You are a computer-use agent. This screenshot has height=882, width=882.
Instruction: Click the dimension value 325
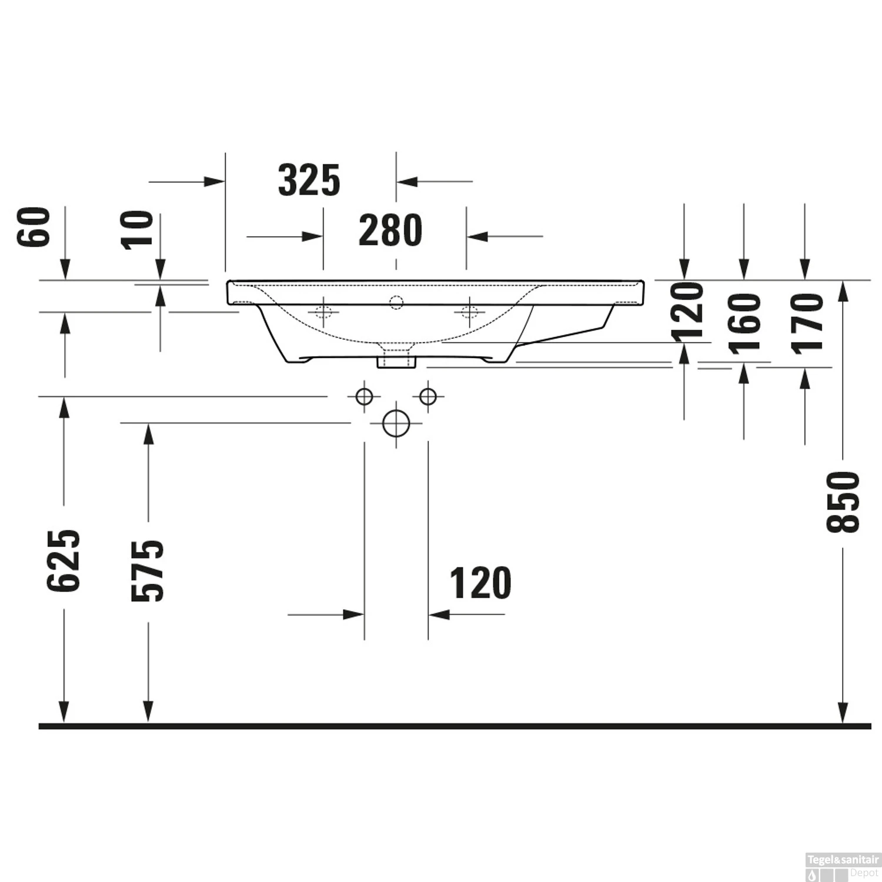[309, 181]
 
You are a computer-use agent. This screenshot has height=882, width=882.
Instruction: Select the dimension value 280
[390, 230]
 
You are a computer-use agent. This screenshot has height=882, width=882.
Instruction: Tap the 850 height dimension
[843, 502]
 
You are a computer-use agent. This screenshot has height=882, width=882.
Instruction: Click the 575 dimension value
[148, 570]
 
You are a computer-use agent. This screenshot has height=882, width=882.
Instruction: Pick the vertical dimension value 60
[34, 227]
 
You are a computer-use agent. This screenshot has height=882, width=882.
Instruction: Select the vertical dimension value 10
[139, 230]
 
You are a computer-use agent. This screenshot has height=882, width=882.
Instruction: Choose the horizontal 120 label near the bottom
[480, 583]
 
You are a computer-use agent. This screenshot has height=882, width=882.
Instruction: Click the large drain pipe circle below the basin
[396, 423]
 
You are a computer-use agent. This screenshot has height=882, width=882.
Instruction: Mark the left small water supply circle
[364, 397]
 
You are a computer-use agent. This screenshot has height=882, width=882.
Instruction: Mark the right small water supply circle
[428, 397]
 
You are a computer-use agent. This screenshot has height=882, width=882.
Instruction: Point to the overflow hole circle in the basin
[396, 302]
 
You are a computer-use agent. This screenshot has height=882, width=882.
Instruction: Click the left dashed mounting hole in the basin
[323, 311]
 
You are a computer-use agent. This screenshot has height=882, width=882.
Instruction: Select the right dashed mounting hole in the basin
[469, 311]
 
